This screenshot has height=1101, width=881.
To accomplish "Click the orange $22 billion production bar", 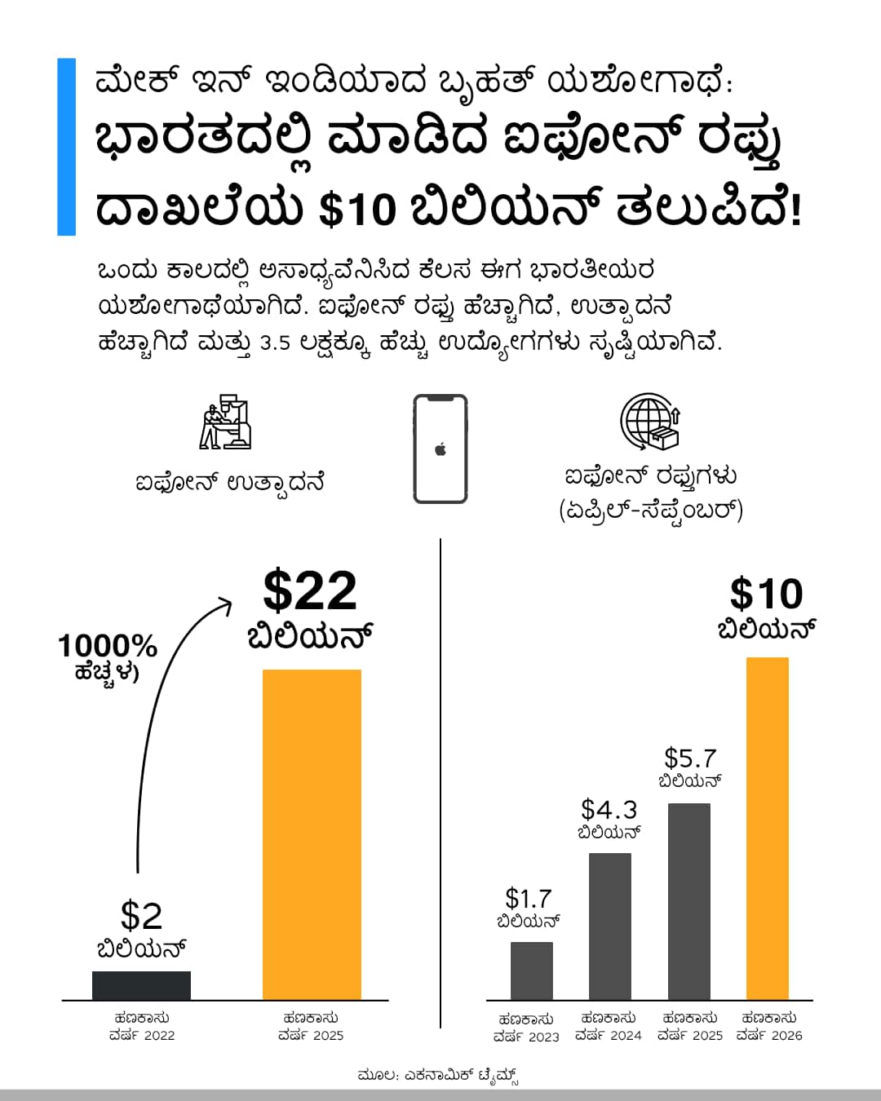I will coord(312,833).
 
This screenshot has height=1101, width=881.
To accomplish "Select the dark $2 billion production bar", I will coord(141,985).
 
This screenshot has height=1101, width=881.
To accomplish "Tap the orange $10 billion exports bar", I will coord(767,828).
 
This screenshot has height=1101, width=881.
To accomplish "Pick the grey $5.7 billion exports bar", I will coord(688,901).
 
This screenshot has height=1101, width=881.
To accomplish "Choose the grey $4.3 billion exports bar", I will coord(609,926).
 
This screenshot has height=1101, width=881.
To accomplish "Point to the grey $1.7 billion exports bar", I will coord(531,971).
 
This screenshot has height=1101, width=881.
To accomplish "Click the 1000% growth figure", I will coord(107,647).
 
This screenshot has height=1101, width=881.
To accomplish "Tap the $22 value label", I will coord(310,590).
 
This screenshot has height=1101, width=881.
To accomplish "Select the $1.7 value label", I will coord(529,899).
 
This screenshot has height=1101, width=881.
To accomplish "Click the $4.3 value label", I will coord(609,810).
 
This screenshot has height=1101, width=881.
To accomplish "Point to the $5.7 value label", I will coord(690,758).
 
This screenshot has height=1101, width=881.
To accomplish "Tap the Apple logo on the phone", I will coord(440,449).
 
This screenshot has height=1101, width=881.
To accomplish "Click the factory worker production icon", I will coord(225,422).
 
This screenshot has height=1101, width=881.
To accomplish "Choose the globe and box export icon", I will coord(650,422).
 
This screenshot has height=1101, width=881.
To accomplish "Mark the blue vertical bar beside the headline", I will coord(66,147).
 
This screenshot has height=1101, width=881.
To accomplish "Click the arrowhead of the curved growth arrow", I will coord(226,605).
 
